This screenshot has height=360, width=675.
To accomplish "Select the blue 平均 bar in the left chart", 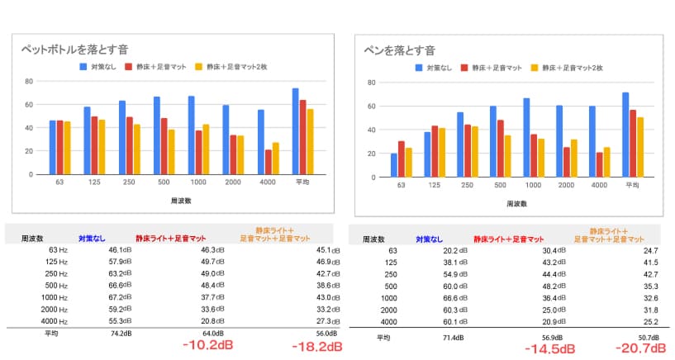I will coord(295,131).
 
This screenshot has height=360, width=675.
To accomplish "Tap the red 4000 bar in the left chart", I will coord(269,162).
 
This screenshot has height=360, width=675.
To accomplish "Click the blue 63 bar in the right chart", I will coord(394,165).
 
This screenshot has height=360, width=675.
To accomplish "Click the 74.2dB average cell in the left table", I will coord(108,334).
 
